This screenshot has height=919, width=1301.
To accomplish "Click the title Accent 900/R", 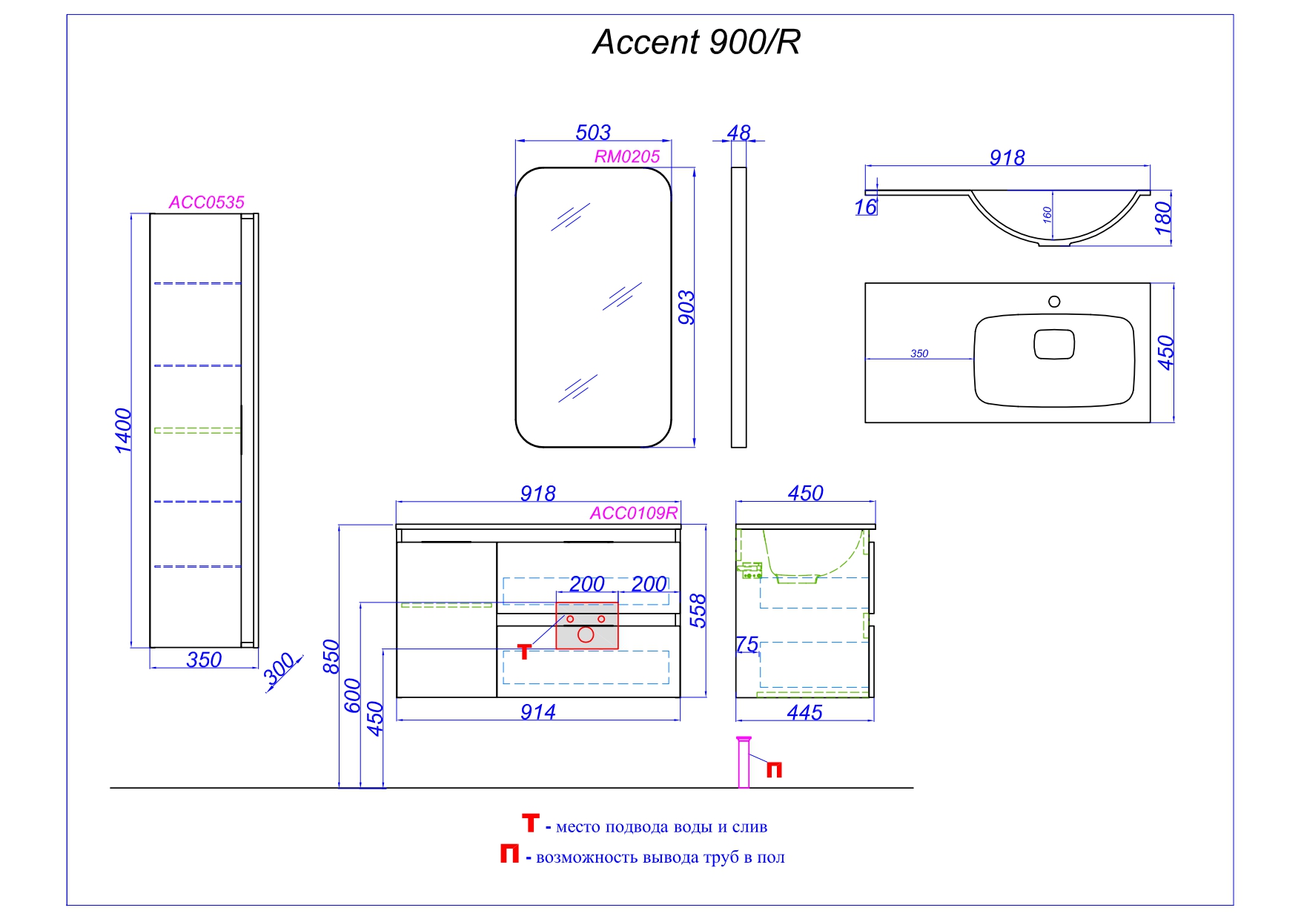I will pos(696,42).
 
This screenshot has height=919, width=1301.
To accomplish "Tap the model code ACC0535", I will pos(206,202).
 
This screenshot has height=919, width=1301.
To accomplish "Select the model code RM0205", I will pos(626,156).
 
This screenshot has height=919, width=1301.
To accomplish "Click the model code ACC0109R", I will pos(634,513).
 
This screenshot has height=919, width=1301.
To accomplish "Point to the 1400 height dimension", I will pos(123,430).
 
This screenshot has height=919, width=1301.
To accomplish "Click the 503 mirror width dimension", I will pos(593,133).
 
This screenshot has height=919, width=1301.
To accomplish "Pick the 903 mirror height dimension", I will pos(686,307).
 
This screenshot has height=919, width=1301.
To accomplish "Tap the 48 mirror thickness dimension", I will pos(738,133).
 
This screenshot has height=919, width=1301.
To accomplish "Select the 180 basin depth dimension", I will pos(1163,218).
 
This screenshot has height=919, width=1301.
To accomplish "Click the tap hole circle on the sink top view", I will pos(1054,302).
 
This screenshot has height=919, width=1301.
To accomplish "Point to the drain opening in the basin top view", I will pos(1054,345).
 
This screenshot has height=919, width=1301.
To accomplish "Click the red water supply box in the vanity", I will pos(586,626).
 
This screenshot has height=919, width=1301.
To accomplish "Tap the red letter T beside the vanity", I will pos(524,651).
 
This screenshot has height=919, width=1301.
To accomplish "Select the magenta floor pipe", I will pos(744,763).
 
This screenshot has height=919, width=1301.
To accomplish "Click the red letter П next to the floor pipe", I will pos(774,770).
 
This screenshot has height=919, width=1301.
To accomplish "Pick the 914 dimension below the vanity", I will pos(537,712).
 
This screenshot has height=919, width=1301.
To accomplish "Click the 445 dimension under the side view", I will pos(804,713).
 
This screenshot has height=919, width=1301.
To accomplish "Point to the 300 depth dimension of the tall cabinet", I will pos(280,671).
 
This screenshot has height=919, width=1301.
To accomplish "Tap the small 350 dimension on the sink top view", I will pos(919,354).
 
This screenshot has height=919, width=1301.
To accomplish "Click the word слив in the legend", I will pos(749,827).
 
